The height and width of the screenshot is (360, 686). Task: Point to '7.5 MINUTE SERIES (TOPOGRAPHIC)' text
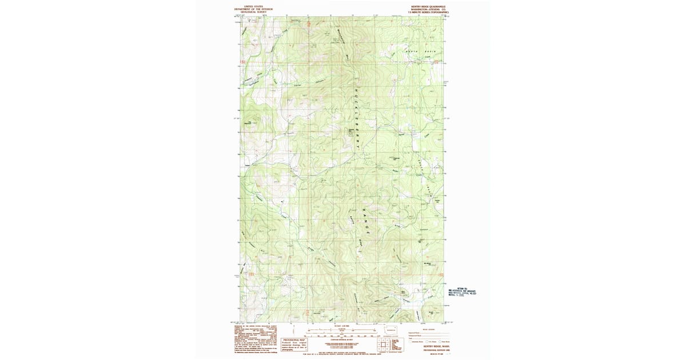(x=424, y=13)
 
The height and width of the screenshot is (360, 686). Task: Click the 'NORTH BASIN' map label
(x=417, y=51)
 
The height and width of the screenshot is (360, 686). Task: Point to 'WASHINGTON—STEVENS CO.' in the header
(x=424, y=10)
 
